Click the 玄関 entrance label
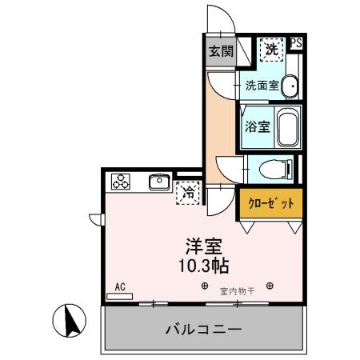coord(222,51)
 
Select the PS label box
coord(296,44)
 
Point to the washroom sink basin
coord(290,86)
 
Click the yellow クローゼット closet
coord(270,203)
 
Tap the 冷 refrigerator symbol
coord(190,192)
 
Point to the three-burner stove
coord(122,182)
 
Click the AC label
coord(121,286)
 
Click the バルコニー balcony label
coord(203,329)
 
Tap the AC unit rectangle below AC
coord(120,296)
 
